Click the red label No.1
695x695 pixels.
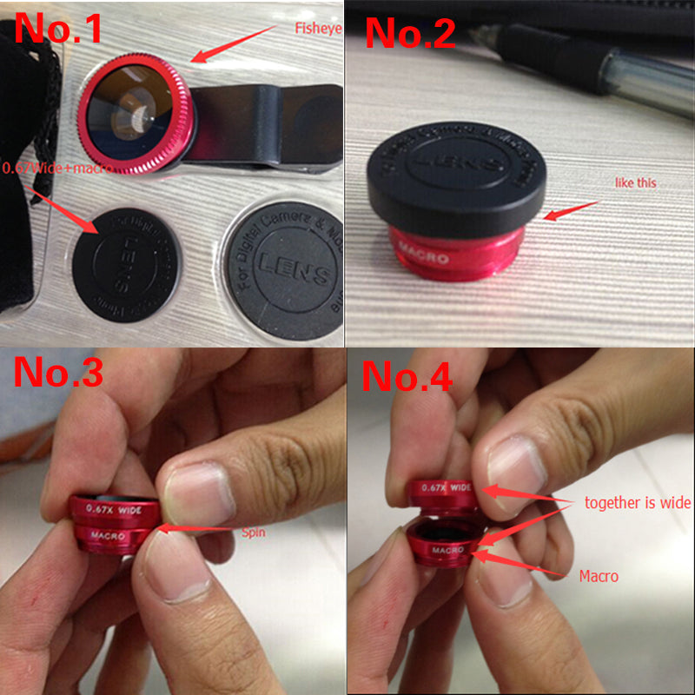(x=59, y=28)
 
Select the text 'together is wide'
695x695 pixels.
(x=638, y=502)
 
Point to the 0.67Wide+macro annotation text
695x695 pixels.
(x=56, y=168)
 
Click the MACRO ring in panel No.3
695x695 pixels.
(x=113, y=539)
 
